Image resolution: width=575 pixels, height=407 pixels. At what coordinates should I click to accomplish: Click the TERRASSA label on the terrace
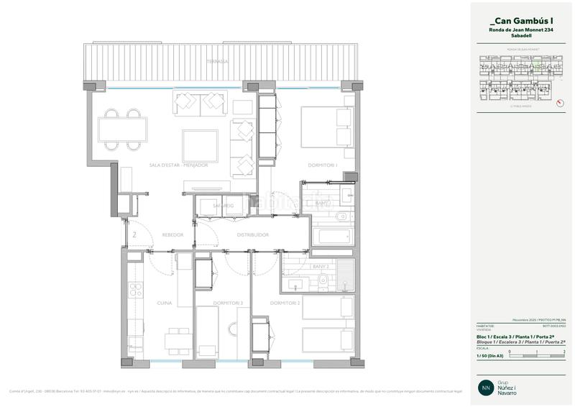[x=216, y=62]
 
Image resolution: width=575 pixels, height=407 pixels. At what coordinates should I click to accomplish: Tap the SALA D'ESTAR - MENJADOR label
[x=178, y=165]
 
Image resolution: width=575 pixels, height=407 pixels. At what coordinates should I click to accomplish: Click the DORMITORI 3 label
[x=231, y=303]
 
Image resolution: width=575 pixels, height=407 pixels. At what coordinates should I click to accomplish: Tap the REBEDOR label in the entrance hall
[x=172, y=235]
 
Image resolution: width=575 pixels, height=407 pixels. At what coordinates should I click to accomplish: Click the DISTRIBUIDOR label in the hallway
[x=252, y=235]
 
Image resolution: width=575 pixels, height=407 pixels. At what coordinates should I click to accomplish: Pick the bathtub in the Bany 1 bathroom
[x=331, y=237]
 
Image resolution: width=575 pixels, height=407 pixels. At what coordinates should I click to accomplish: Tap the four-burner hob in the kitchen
[x=134, y=291]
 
